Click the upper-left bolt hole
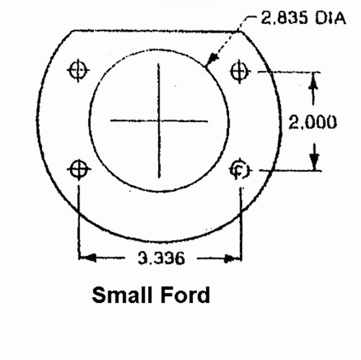point(78,70)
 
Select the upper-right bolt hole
point(239,70)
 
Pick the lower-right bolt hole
point(239,170)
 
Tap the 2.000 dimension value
point(313,122)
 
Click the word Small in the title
point(122,296)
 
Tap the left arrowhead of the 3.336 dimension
point(84,257)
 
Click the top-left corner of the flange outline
point(72,30)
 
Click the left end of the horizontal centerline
point(110,120)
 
